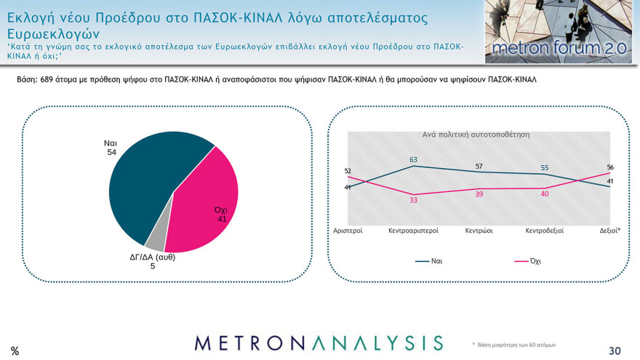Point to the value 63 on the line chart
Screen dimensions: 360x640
(413, 159)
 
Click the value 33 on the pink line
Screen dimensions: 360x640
(413, 201)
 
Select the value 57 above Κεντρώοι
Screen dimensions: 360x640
(479, 167)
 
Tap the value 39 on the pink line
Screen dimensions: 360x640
(479, 195)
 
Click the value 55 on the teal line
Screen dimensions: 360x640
(545, 168)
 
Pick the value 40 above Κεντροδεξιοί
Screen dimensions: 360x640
(545, 194)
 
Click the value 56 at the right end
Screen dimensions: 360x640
(610, 167)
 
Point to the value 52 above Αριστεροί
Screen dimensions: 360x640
(348, 171)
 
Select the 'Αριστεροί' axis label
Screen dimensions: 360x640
(348, 231)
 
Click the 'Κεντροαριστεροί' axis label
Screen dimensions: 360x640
(413, 231)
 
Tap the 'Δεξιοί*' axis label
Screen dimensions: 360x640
(609, 231)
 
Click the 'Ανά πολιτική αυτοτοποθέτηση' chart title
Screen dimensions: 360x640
(476, 135)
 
